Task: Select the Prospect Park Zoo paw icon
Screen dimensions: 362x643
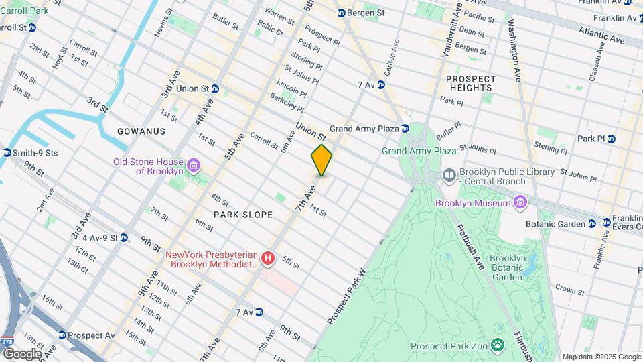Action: pyautogui.click(x=498, y=345)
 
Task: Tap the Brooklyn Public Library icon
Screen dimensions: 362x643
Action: pyautogui.click(x=449, y=176)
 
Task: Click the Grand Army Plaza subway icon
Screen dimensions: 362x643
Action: pyautogui.click(x=406, y=128)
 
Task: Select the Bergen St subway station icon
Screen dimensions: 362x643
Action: pyautogui.click(x=342, y=13)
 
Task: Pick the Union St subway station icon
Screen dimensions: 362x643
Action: pyautogui.click(x=215, y=88)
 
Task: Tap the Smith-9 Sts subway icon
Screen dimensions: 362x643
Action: pyautogui.click(x=7, y=153)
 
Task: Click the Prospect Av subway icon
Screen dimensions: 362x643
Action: pyautogui.click(x=62, y=335)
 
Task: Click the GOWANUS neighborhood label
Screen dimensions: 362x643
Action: pyautogui.click(x=141, y=131)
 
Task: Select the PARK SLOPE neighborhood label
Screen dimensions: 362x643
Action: pyautogui.click(x=243, y=215)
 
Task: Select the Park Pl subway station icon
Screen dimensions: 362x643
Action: pyautogui.click(x=611, y=139)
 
